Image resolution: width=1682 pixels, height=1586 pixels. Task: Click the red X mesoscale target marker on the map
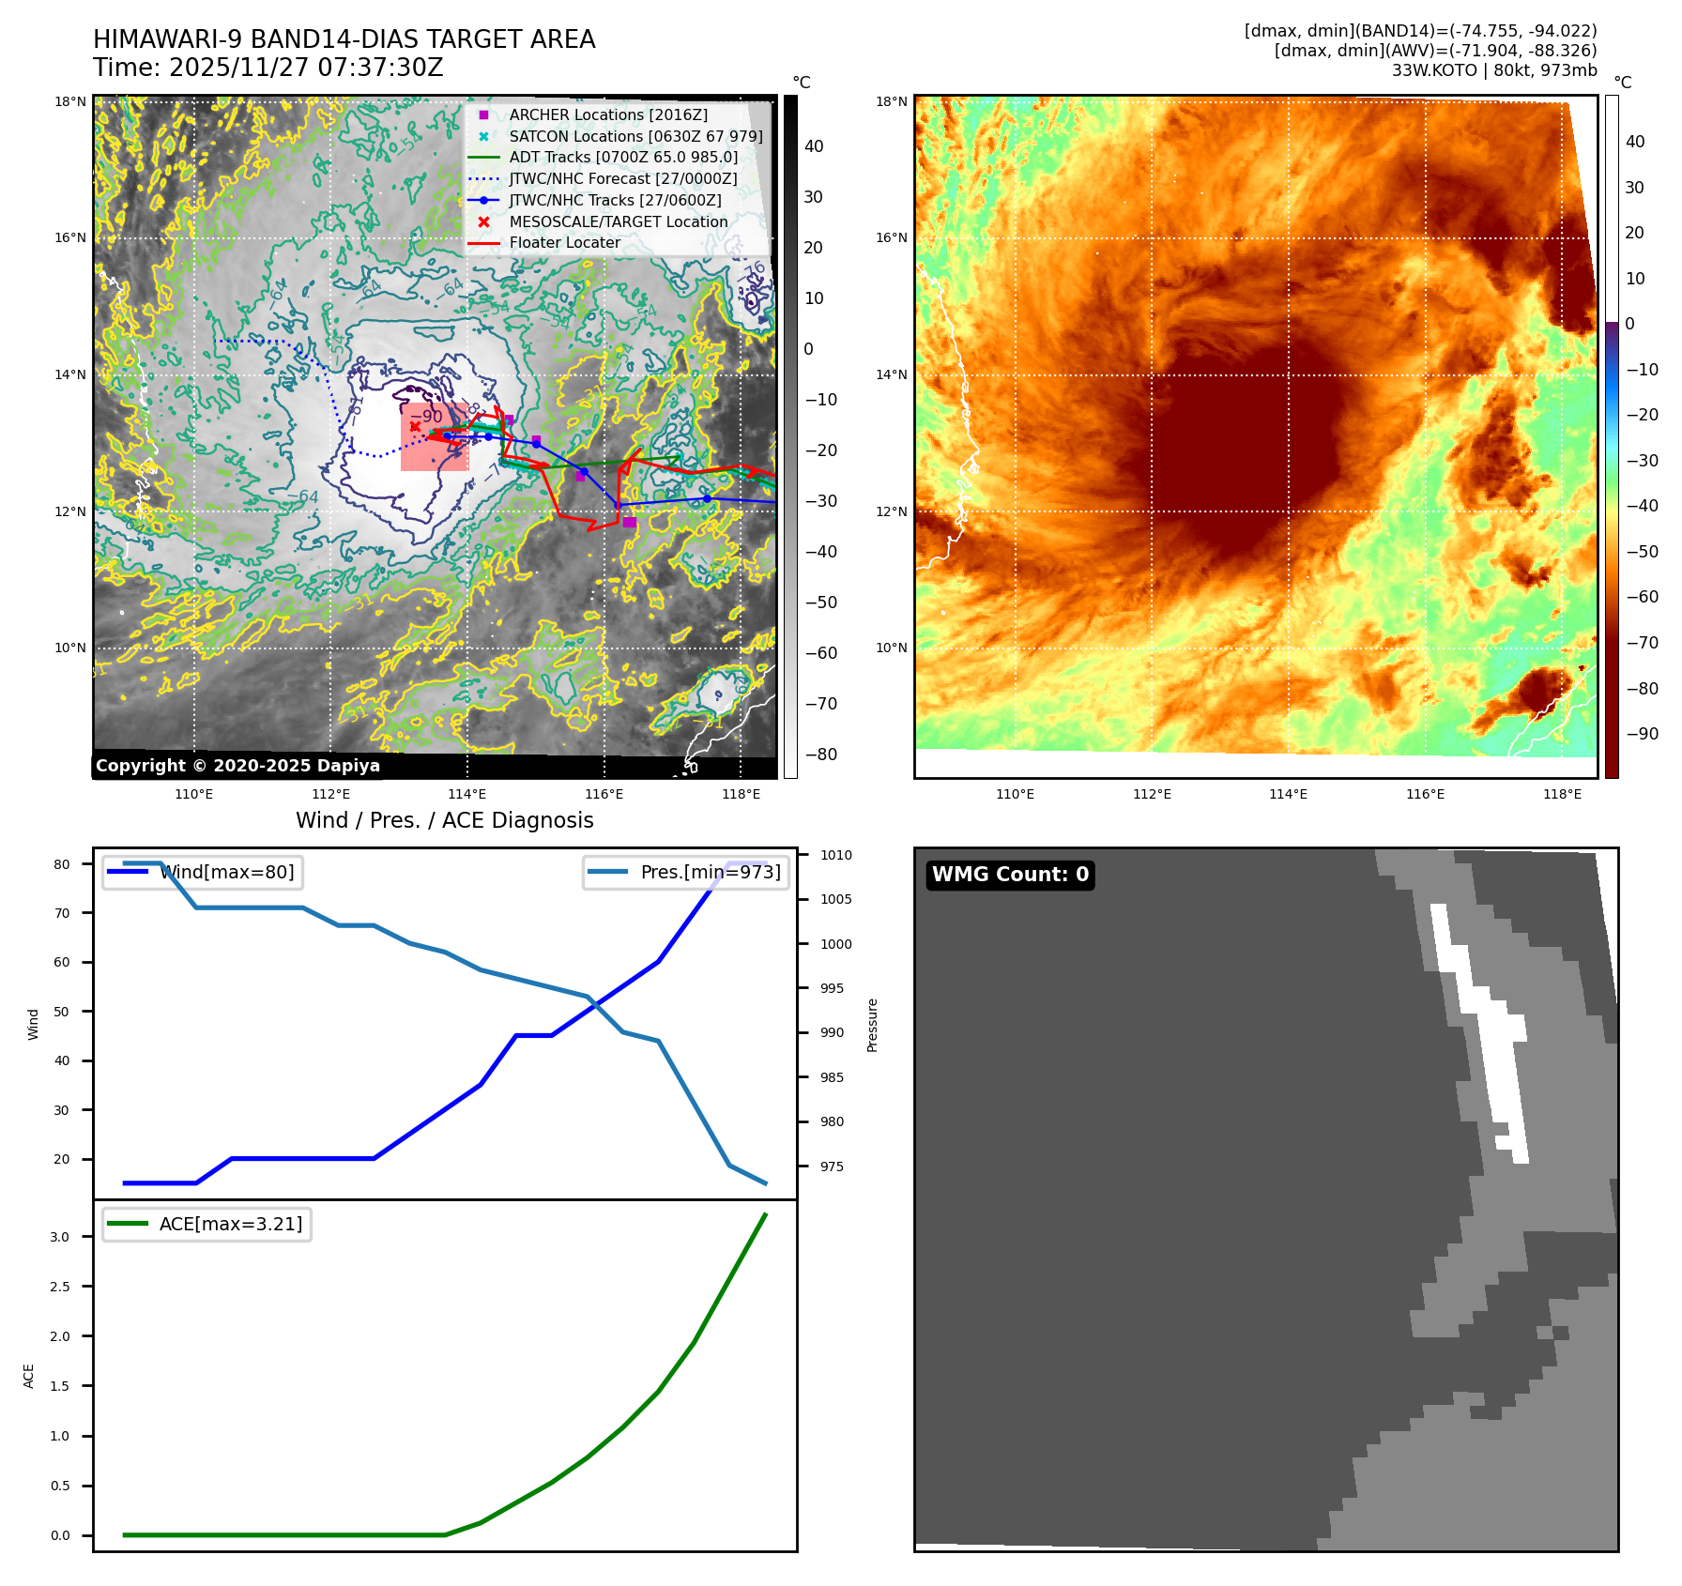(x=415, y=426)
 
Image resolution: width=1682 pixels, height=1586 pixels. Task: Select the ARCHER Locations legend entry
(x=607, y=114)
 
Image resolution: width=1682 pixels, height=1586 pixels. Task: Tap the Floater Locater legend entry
(x=564, y=242)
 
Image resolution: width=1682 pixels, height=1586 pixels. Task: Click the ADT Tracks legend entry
(x=623, y=158)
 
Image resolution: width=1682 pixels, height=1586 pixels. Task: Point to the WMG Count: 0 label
(x=1010, y=875)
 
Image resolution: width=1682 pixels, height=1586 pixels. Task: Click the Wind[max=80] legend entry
(x=226, y=872)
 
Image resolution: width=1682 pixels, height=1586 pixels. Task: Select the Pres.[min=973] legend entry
(x=710, y=872)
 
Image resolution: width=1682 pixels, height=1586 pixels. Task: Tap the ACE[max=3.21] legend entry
(x=230, y=1224)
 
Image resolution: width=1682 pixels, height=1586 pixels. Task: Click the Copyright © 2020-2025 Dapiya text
(x=237, y=766)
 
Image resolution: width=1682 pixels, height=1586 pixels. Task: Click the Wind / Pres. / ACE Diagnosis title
(x=445, y=820)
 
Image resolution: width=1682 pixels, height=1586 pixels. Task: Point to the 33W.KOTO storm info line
(x=1493, y=70)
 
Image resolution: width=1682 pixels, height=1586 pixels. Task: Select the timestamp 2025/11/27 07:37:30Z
(x=306, y=68)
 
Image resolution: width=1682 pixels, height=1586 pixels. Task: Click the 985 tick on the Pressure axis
(x=832, y=1077)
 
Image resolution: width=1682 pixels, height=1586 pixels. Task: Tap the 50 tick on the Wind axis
(x=62, y=1012)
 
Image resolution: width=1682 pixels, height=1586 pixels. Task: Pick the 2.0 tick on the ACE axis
(x=60, y=1336)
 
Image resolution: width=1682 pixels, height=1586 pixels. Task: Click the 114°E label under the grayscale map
(x=466, y=794)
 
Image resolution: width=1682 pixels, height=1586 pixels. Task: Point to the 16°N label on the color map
(x=891, y=238)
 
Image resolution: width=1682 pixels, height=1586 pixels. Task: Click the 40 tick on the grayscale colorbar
(x=814, y=146)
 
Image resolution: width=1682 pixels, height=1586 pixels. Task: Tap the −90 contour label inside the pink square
(x=427, y=416)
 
